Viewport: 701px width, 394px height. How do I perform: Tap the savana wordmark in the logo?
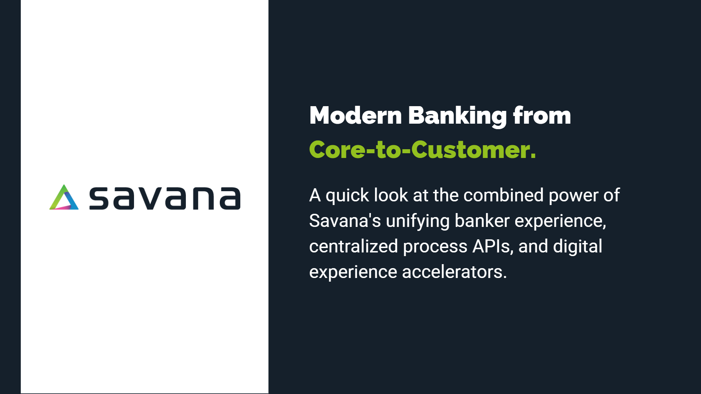click(165, 198)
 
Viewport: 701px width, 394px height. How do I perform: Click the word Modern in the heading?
click(356, 116)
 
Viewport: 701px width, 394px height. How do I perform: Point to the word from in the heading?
click(542, 115)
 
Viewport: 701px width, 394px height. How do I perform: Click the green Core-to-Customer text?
click(422, 150)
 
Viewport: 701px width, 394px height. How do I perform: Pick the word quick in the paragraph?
click(347, 196)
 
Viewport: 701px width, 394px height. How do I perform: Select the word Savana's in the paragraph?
click(345, 221)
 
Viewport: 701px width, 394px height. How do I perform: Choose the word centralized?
click(353, 246)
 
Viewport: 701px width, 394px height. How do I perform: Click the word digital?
click(578, 246)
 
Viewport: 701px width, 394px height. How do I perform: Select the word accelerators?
click(454, 272)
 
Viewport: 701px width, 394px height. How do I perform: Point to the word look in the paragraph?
click(391, 195)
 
